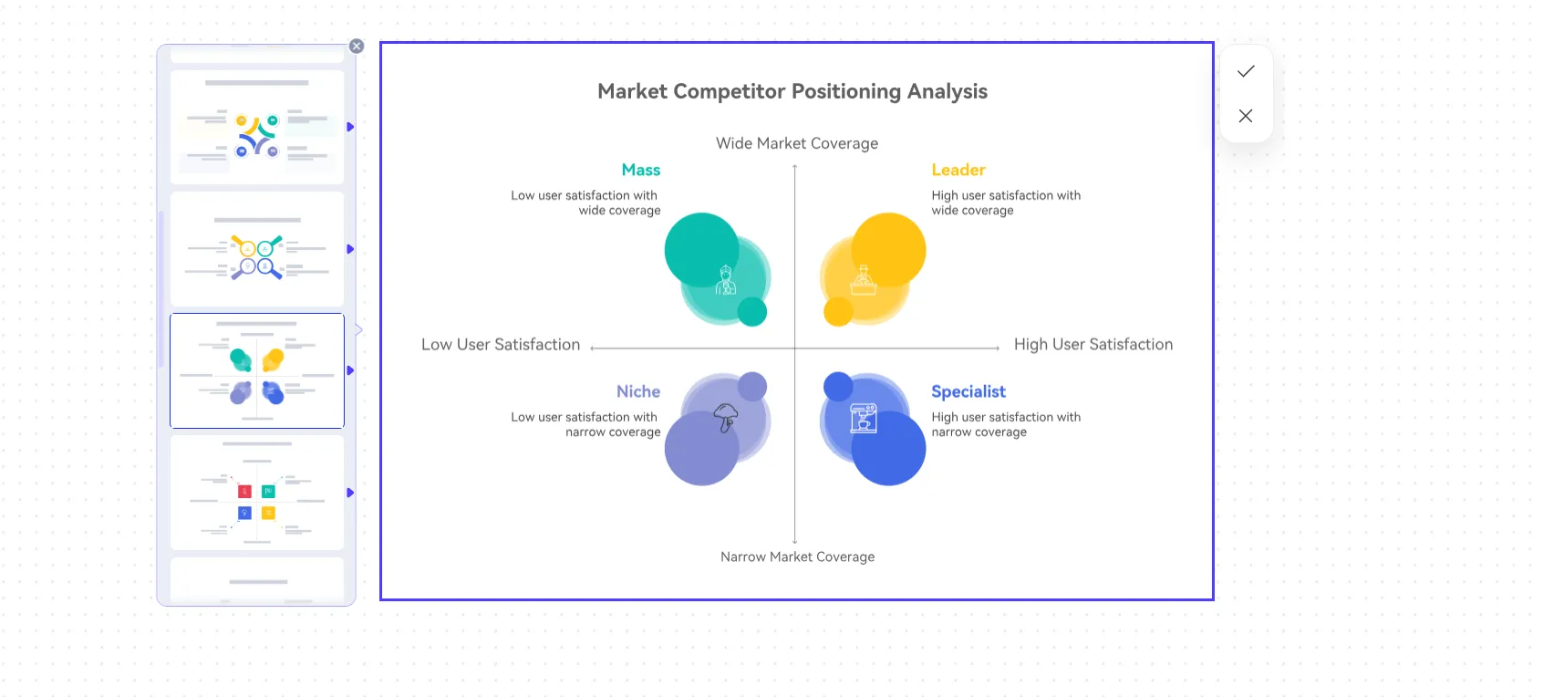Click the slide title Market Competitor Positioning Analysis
pyautogui.click(x=792, y=91)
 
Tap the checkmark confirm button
pyautogui.click(x=1246, y=71)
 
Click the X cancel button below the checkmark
pyautogui.click(x=1246, y=116)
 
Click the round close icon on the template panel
pyautogui.click(x=357, y=47)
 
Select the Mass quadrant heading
pyautogui.click(x=640, y=170)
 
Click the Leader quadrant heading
pyautogui.click(x=958, y=170)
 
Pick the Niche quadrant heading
pyautogui.click(x=637, y=391)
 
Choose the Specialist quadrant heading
pyautogui.click(x=968, y=391)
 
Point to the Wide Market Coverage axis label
pyautogui.click(x=797, y=143)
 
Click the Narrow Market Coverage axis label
pyautogui.click(x=797, y=557)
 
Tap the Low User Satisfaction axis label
pyautogui.click(x=501, y=345)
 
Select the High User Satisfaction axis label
pyautogui.click(x=1093, y=345)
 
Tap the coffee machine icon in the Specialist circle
pyautogui.click(x=863, y=418)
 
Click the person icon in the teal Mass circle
pyautogui.click(x=725, y=280)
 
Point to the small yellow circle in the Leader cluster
pyautogui.click(x=838, y=312)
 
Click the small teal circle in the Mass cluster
pyautogui.click(x=752, y=312)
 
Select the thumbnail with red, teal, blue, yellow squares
pyautogui.click(x=257, y=493)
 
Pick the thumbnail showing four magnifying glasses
pyautogui.click(x=257, y=249)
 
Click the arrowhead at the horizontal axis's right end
pyautogui.click(x=998, y=348)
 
